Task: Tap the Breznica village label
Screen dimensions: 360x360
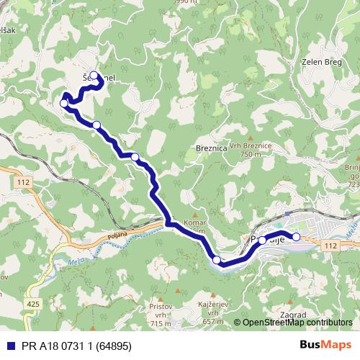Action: pyautogui.click(x=212, y=147)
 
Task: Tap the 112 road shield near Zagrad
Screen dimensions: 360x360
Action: pyautogui.click(x=330, y=246)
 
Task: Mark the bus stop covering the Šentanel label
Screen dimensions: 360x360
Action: pyautogui.click(x=94, y=76)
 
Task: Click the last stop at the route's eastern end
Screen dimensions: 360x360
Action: pyautogui.click(x=296, y=237)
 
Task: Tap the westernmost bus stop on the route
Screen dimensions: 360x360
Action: pyautogui.click(x=64, y=104)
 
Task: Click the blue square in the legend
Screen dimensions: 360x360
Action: pyautogui.click(x=9, y=344)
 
